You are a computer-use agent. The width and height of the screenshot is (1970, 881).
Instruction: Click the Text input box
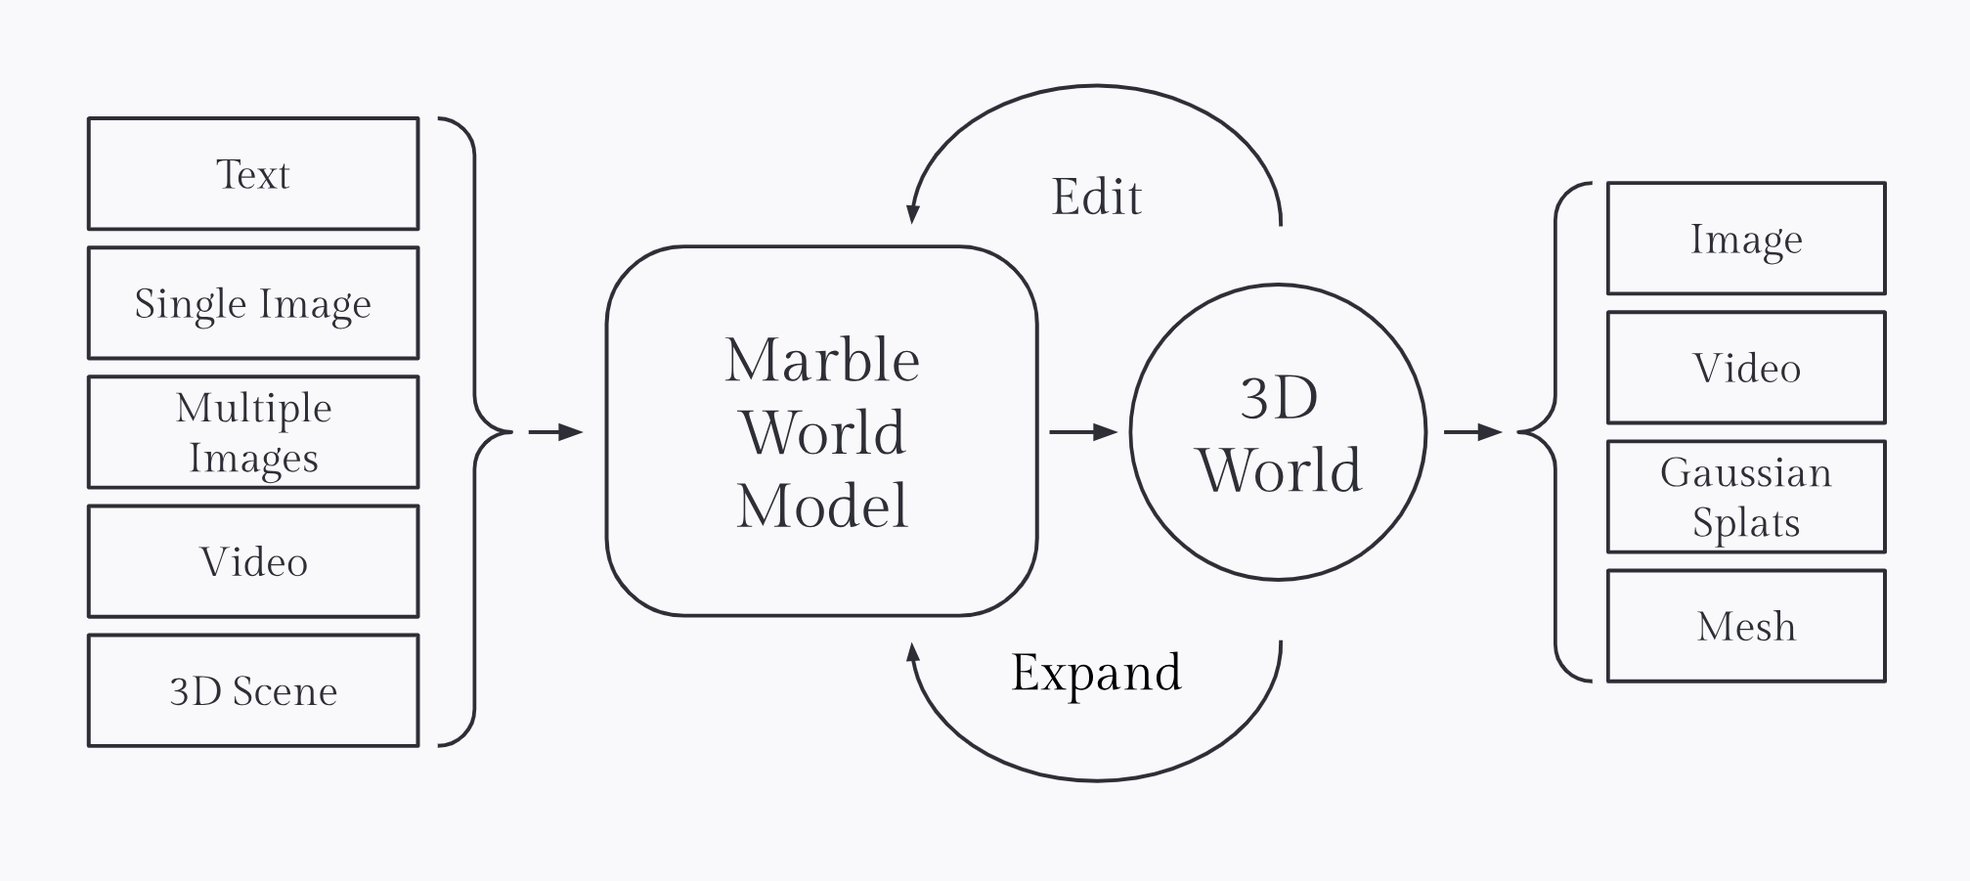[x=253, y=174]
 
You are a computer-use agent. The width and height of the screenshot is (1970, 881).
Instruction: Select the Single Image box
[x=253, y=303]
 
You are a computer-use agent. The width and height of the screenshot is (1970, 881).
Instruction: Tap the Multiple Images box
[x=253, y=432]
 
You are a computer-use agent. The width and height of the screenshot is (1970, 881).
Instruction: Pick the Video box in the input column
[x=253, y=561]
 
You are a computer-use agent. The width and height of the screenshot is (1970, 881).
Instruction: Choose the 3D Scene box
[x=253, y=690]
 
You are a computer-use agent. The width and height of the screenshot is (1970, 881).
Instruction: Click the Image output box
[x=1746, y=239]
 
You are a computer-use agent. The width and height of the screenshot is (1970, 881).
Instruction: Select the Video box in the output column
[x=1746, y=368]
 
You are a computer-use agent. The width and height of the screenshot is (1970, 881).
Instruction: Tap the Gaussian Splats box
[x=1746, y=497]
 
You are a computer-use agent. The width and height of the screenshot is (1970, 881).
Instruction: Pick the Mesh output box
[x=1746, y=626]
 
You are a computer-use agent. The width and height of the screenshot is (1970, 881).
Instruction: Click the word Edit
[x=1096, y=197]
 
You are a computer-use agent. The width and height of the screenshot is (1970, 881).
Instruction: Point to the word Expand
[x=1096, y=672]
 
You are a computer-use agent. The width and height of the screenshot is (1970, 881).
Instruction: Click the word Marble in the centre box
[x=822, y=360]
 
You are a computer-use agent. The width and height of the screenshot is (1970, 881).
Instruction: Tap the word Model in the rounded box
[x=822, y=506]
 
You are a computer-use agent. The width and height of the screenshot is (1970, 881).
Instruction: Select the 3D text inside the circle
[x=1279, y=398]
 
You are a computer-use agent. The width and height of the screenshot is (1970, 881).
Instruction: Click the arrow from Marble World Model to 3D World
[x=1083, y=431]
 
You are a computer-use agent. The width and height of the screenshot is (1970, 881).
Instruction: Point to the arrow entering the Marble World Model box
[x=555, y=431]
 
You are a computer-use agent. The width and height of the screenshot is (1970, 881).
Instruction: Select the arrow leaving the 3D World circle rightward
[x=1472, y=431]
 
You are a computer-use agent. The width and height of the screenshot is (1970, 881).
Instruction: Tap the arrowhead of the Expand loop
[x=913, y=653]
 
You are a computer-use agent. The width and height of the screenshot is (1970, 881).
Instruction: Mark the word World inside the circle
[x=1279, y=470]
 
